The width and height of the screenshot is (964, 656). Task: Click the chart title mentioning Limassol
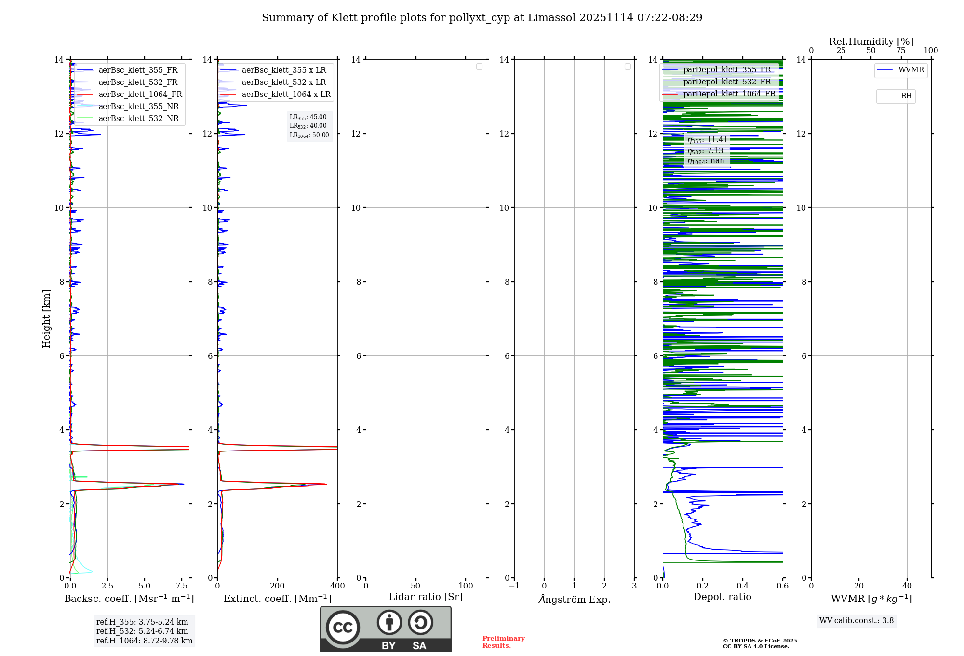pos(482,18)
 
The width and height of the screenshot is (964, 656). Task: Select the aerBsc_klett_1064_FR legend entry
pos(140,95)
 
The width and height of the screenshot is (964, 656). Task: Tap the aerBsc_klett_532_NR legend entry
pos(138,119)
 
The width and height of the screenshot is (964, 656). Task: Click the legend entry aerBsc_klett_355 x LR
pos(283,70)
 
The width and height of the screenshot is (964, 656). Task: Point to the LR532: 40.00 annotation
pos(308,126)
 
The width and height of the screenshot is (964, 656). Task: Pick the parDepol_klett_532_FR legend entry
pos(727,82)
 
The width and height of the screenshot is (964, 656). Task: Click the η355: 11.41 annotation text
pos(707,140)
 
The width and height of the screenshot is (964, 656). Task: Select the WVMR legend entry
pos(910,70)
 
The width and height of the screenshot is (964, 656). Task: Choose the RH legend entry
pos(906,96)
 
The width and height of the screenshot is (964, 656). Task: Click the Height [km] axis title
pos(46,319)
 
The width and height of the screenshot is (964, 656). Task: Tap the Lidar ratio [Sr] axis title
pos(426,597)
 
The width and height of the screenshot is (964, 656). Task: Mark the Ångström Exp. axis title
pos(574,600)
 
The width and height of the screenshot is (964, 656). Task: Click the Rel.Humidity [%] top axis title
pos(871,41)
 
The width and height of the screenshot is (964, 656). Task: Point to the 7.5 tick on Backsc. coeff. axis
pos(182,586)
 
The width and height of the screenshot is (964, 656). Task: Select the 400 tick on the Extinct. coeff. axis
pos(337,586)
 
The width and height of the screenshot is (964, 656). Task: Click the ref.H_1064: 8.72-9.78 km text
pos(144,641)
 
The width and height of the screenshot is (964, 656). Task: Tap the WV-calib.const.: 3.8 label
pos(857,621)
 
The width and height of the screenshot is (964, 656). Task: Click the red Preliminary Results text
pos(503,642)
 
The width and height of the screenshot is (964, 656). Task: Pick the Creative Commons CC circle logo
pos(343,627)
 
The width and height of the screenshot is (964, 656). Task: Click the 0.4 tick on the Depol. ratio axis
pos(743,586)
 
